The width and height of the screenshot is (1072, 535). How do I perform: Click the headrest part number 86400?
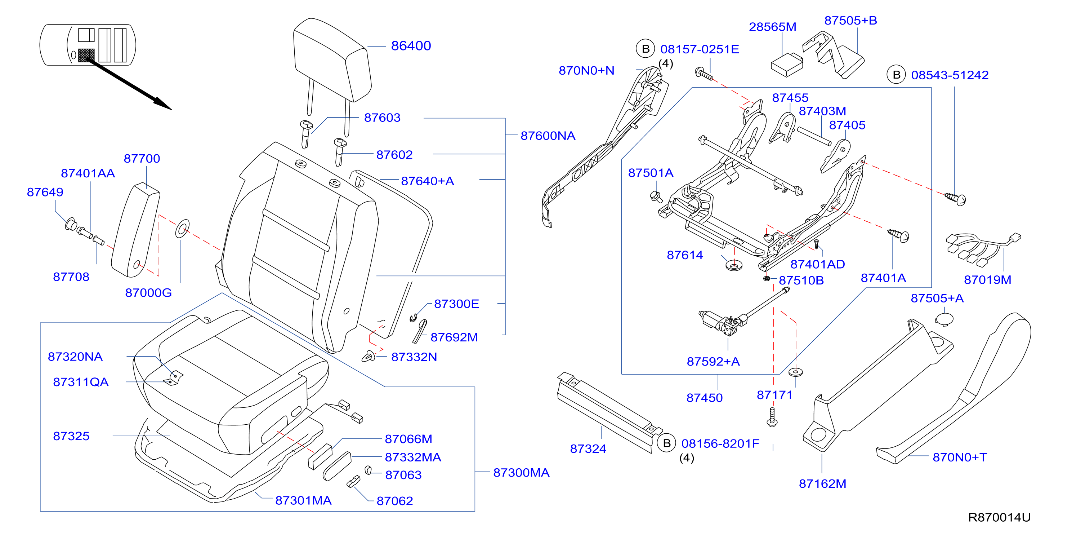[x=411, y=46]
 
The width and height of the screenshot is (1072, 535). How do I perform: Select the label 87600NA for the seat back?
[x=548, y=136]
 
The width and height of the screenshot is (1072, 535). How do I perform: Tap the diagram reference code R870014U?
[x=999, y=517]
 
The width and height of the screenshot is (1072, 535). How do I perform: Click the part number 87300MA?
[x=521, y=473]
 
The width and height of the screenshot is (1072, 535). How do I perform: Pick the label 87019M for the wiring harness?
[x=987, y=280]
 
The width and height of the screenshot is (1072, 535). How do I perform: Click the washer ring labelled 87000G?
[x=182, y=229]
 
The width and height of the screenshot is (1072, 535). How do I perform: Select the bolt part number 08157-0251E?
[x=700, y=49]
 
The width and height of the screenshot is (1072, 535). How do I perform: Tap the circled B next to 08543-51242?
[x=896, y=75]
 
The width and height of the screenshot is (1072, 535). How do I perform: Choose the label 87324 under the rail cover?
[x=588, y=449]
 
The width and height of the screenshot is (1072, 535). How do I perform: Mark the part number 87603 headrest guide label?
[x=382, y=118]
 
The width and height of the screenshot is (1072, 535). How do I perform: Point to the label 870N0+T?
[x=960, y=457]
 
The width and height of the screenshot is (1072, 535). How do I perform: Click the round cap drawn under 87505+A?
[x=944, y=319]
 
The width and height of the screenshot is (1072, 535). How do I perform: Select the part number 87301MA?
[x=303, y=500]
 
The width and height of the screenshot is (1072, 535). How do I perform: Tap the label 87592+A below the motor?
[x=713, y=361]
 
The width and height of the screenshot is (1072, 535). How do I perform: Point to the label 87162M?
[x=822, y=484]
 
